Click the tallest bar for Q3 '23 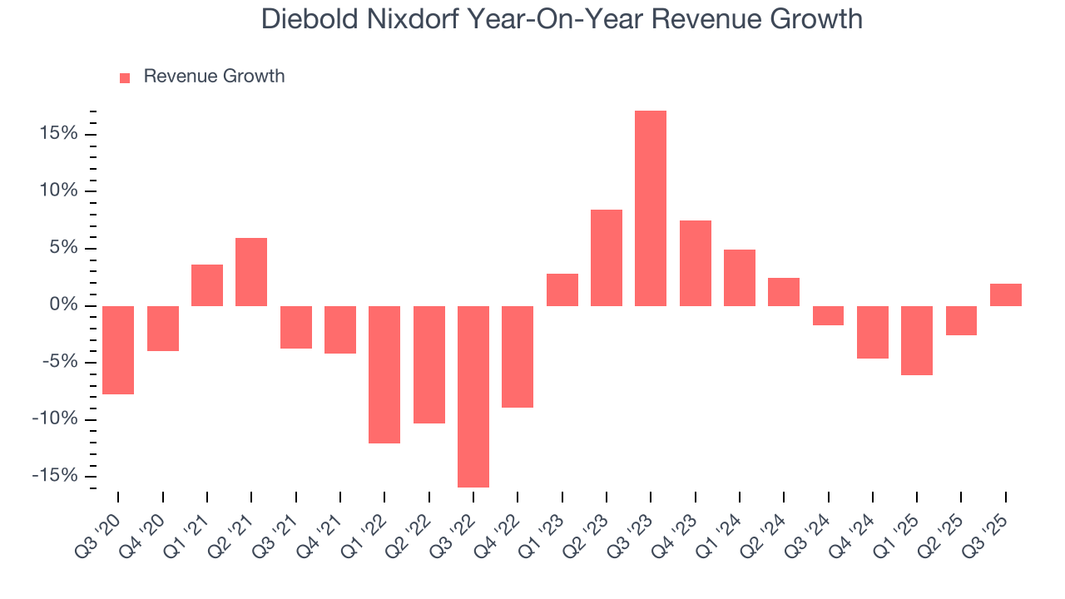coord(651,208)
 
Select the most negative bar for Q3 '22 coord(473,397)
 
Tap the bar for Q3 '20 coord(118,350)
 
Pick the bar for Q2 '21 coord(251,272)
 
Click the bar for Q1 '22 coord(384,374)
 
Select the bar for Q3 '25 coord(1006,295)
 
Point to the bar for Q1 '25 coord(917,340)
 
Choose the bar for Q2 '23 coord(607,258)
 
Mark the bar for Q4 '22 coord(518,357)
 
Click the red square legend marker coord(125,77)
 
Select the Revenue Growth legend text coord(214,77)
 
